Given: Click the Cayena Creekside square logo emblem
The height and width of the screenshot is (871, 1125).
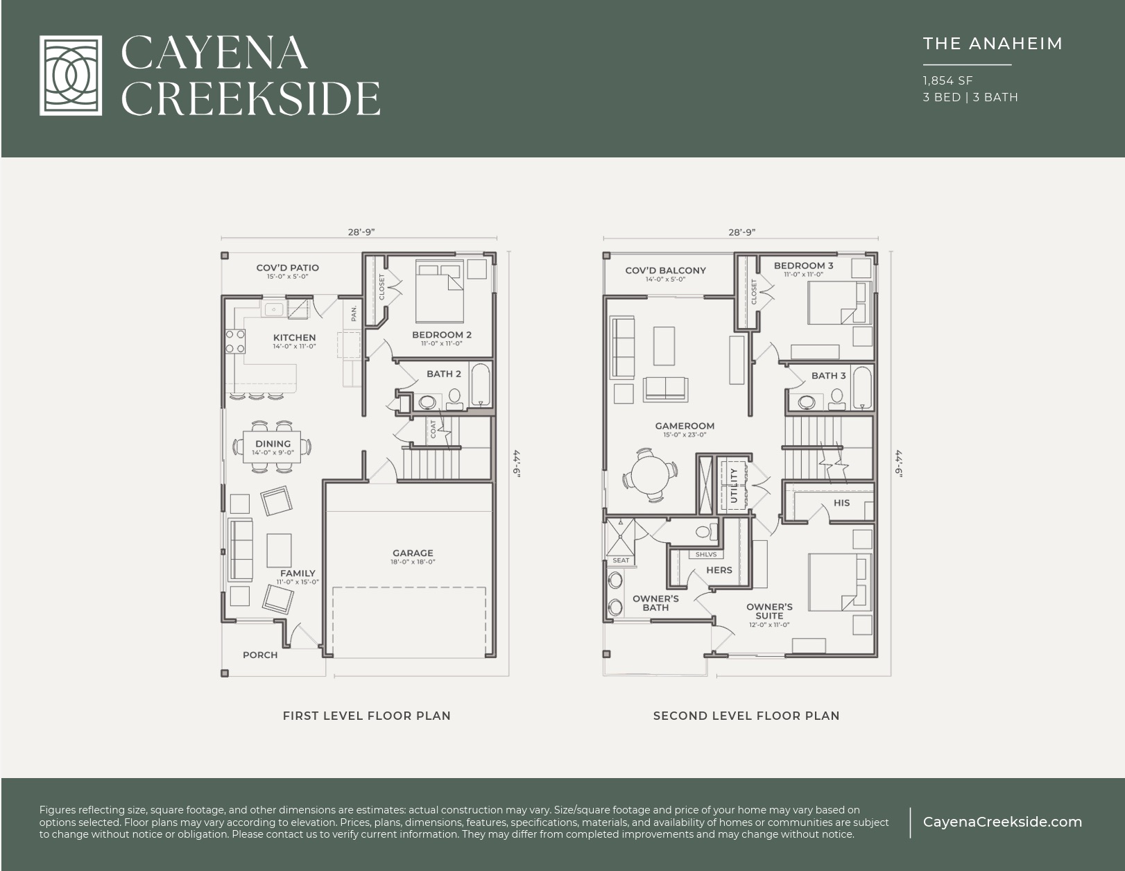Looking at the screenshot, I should pos(70,75).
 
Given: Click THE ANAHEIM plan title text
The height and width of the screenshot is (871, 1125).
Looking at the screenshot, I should pos(992,44).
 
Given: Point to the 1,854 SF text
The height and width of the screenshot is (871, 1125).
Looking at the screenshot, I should pos(947,80).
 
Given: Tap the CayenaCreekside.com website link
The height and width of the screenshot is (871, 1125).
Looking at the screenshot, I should pos(1002,822).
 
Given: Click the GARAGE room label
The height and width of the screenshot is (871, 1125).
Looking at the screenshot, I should pos(413,553).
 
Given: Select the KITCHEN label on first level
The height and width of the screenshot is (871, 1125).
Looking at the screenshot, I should pos(294,338).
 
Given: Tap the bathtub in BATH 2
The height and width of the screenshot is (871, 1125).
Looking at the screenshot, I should pos(480,384).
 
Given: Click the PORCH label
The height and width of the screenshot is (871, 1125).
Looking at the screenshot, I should pos(260,655).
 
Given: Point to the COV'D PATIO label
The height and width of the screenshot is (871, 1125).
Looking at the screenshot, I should pos(287,268).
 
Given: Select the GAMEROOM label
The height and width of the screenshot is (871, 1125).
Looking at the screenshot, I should pos(685,426).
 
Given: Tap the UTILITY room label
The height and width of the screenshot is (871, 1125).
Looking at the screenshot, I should pos(734,485).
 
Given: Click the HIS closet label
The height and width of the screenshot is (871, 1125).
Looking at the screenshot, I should pos(841,503).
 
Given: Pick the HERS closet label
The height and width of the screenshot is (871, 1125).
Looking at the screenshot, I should pos(719,570).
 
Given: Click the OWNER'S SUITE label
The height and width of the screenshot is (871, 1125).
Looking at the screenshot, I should pos(769,611).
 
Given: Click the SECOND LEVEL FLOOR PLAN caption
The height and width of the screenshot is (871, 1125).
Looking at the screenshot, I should pos(746,716).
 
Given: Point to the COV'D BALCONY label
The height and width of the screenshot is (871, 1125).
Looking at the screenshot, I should pos(665,270).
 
